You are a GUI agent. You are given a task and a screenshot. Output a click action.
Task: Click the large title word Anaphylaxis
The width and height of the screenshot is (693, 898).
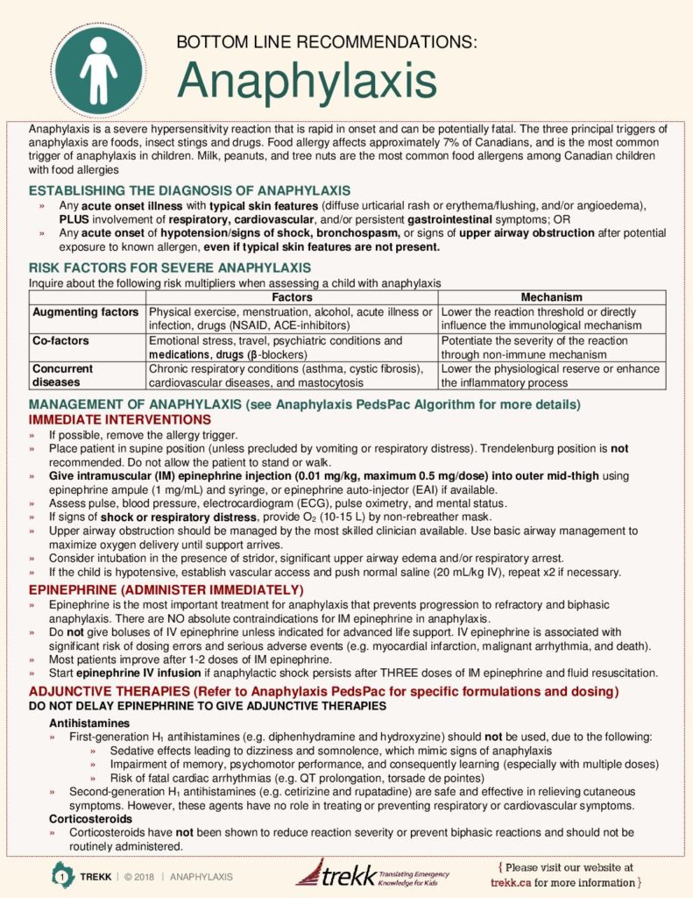[307, 82]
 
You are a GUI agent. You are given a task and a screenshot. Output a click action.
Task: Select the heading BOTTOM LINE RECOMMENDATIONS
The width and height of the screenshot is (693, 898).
[327, 42]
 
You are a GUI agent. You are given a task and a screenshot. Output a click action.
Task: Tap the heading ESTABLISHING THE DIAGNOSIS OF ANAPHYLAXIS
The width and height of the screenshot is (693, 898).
[189, 190]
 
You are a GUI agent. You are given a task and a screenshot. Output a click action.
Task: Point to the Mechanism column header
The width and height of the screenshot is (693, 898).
[551, 297]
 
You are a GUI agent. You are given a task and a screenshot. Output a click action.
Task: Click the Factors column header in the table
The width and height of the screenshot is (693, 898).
[292, 297]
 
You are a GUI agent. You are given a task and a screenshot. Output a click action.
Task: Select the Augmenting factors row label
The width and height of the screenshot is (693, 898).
[86, 312]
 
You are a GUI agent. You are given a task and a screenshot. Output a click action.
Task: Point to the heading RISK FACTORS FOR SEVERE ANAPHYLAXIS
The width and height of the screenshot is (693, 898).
[169, 267]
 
